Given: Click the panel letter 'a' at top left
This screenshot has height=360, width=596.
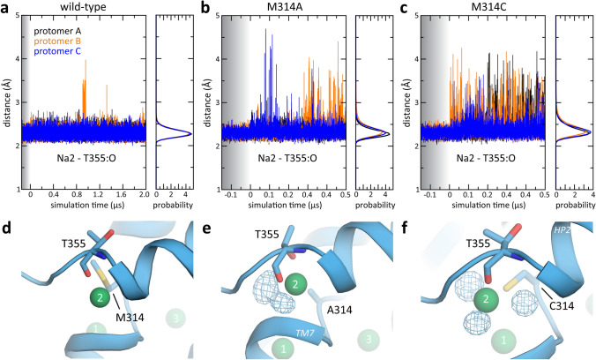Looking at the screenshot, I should (x=7, y=8).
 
